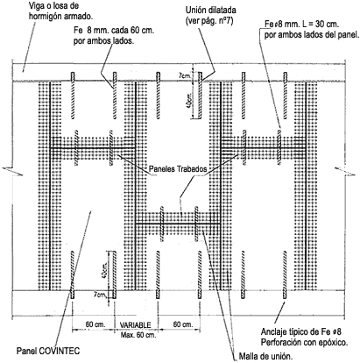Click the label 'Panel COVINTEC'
(x=48, y=351)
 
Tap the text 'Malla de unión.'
(x=265, y=356)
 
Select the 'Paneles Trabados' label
(x=178, y=169)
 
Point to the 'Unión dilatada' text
(x=211, y=11)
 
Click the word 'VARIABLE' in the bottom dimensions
(x=136, y=325)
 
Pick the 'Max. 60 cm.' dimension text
(x=138, y=335)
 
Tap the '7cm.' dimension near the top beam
(x=185, y=75)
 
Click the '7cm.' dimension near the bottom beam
(x=100, y=295)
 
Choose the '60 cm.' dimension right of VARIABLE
(x=183, y=324)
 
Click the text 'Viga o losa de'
(x=54, y=6)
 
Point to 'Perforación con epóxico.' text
(x=304, y=342)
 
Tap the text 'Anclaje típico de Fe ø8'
(x=301, y=332)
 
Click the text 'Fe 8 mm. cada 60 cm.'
(x=114, y=31)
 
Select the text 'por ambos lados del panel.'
(x=312, y=35)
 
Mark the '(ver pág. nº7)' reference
(x=209, y=21)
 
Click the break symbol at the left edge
(x=12, y=171)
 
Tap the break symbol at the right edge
(x=345, y=171)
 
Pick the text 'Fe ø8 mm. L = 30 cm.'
(x=301, y=25)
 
